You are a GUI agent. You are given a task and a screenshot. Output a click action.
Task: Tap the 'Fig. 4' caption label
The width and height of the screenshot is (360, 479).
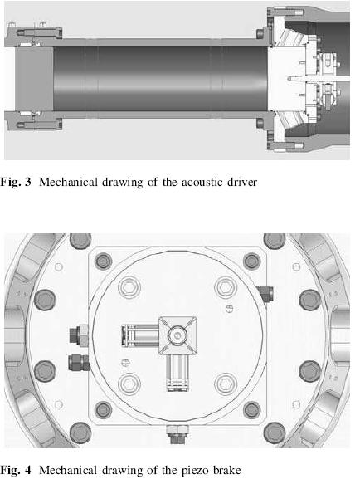click(x=15, y=470)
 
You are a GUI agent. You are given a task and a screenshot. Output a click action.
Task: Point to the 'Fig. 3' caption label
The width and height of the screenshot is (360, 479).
click(x=15, y=183)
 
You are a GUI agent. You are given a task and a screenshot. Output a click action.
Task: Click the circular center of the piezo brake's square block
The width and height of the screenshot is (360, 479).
click(x=178, y=335)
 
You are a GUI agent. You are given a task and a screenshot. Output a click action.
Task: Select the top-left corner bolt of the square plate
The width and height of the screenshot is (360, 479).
click(x=104, y=261)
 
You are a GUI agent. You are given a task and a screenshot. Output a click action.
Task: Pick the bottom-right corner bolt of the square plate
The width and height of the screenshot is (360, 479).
click(x=252, y=410)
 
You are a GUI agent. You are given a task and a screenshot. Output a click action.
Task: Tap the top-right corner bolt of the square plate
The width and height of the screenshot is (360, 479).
click(x=252, y=261)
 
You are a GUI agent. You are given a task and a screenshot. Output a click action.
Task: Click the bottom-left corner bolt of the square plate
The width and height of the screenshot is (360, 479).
click(x=104, y=410)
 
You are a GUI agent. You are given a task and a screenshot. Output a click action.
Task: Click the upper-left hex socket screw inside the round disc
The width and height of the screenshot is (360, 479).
click(x=129, y=287)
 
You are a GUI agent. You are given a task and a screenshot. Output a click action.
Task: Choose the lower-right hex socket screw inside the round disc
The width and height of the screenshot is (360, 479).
click(x=226, y=384)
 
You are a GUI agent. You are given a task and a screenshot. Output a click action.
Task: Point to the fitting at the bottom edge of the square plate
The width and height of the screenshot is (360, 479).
click(x=178, y=435)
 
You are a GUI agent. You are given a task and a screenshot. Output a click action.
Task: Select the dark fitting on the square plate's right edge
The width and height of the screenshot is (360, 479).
click(x=265, y=293)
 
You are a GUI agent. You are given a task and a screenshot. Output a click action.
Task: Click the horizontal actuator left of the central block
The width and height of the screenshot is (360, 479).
click(x=140, y=336)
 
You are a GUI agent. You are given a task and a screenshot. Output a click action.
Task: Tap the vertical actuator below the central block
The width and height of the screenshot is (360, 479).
click(x=178, y=374)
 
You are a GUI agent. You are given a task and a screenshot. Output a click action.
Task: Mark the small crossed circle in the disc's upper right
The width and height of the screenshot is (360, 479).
click(x=229, y=309)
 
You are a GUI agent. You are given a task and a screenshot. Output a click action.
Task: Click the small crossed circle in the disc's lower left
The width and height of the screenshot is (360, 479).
click(x=125, y=363)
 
